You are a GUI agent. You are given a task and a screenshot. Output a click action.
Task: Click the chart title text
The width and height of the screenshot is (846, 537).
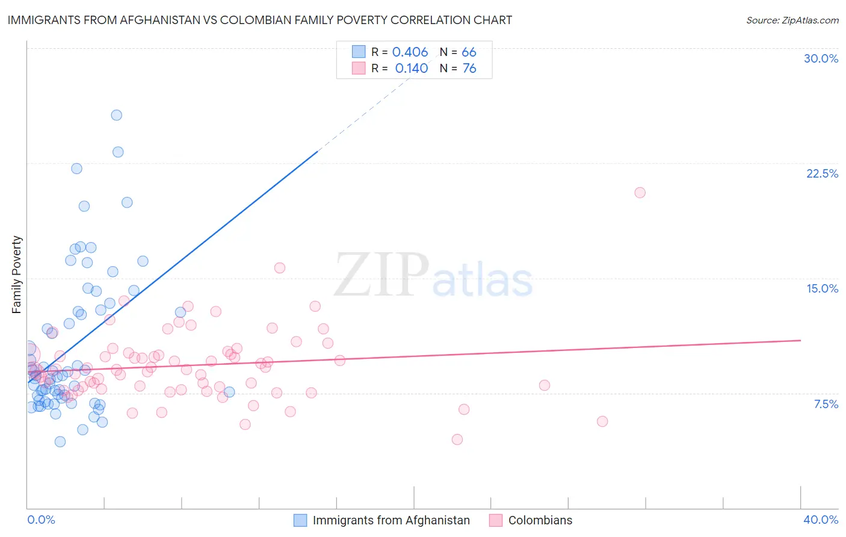click(259, 20)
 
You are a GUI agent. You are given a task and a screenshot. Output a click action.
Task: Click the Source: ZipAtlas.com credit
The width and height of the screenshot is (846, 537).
click(792, 20)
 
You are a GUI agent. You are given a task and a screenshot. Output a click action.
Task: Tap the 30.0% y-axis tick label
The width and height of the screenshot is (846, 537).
click(821, 58)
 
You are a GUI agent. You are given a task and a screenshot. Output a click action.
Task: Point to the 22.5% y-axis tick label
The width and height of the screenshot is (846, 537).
click(822, 173)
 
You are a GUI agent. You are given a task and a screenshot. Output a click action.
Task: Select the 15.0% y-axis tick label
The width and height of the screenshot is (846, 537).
click(822, 288)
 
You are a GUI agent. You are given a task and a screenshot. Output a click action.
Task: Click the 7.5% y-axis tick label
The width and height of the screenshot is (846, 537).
click(826, 404)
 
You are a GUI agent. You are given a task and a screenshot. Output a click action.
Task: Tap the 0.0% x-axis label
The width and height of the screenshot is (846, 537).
click(41, 520)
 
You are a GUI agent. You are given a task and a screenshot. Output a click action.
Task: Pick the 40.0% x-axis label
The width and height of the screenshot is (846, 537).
click(821, 520)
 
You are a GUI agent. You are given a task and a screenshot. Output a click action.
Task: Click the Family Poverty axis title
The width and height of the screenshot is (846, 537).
click(17, 275)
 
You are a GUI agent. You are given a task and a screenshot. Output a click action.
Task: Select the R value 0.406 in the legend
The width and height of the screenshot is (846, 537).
click(410, 52)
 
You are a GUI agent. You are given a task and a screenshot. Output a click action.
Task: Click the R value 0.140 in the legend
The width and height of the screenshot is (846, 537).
click(411, 69)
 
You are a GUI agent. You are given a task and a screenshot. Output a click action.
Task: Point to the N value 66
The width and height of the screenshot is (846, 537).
click(469, 52)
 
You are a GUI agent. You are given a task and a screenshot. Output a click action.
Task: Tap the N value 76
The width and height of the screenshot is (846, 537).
click(469, 69)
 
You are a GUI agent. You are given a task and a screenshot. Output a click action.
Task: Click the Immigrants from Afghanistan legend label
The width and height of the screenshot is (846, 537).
click(391, 520)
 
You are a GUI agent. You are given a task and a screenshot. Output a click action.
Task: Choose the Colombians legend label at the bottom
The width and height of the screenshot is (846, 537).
click(540, 520)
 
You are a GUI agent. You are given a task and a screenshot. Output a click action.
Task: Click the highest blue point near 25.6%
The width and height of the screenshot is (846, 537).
click(117, 115)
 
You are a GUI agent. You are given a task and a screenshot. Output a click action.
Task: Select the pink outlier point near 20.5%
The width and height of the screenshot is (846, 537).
click(640, 193)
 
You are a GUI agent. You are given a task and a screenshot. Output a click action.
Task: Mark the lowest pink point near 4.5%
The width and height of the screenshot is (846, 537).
click(457, 439)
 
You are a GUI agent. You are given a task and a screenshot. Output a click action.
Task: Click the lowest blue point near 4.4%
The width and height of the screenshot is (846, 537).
click(60, 442)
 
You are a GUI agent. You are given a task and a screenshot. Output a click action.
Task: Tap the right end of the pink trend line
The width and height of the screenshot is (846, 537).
click(800, 341)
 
